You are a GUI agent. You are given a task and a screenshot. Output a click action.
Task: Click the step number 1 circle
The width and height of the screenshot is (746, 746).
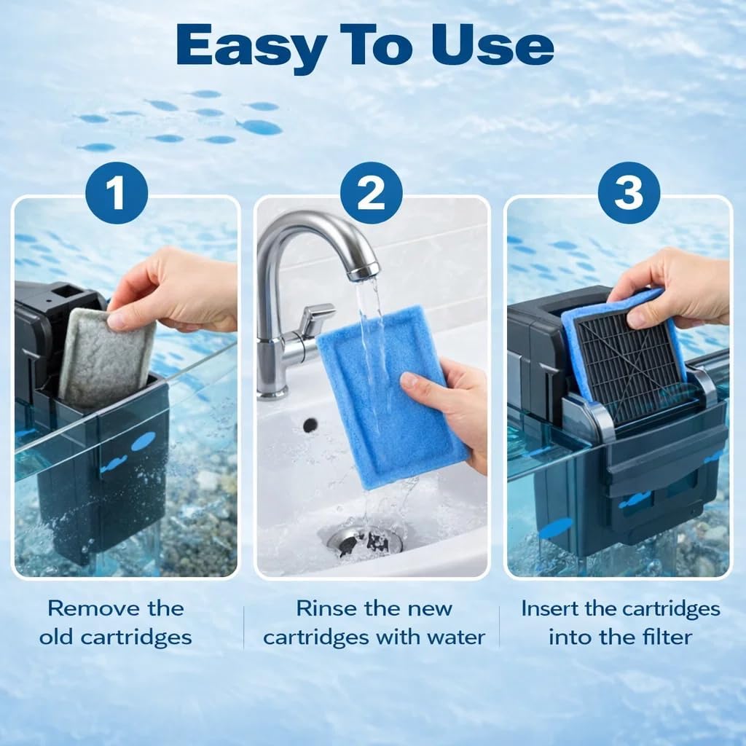click(117, 193)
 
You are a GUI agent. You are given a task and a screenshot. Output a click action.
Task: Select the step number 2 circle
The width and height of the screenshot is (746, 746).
click(372, 193)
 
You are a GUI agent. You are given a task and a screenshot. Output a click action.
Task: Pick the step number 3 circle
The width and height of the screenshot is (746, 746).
click(629, 193)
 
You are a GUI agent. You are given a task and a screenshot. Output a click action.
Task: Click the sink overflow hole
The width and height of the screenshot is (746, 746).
click(310, 424)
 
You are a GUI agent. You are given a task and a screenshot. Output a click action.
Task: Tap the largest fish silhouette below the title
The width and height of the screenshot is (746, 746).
click(259, 127)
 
